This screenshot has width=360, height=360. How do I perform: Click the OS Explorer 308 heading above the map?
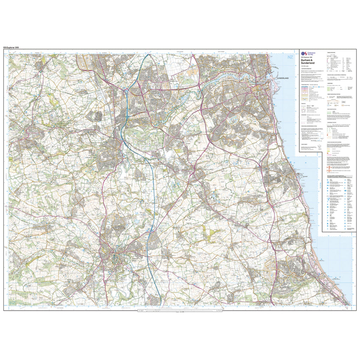13,47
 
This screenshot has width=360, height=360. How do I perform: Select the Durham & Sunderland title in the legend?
309,62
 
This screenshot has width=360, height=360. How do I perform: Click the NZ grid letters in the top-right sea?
290,57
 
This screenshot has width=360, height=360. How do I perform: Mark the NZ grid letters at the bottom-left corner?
13,302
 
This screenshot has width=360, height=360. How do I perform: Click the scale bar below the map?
180,310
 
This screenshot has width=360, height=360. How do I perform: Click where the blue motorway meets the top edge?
144,55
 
